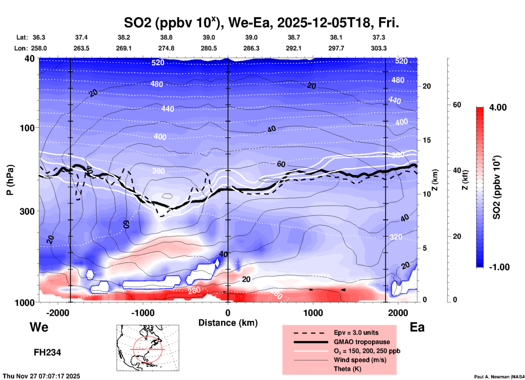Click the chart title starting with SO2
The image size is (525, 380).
(x=261, y=23)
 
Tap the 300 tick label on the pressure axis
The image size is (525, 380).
(x=27, y=211)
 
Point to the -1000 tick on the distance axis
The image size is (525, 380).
(x=143, y=313)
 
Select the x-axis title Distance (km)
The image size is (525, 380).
(x=228, y=323)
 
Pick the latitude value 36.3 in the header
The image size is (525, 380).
(x=39, y=37)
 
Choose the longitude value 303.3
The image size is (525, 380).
(x=379, y=48)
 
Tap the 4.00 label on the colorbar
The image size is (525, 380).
(x=498, y=107)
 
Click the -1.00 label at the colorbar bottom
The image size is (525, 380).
(x=499, y=267)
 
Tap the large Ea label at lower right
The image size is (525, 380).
(x=417, y=327)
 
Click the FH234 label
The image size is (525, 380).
(x=47, y=352)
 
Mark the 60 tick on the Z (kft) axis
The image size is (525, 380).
(x=457, y=105)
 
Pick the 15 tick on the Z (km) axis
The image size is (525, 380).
(x=427, y=140)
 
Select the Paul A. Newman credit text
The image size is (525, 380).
(x=499, y=377)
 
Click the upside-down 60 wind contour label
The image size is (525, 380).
(x=126, y=224)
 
